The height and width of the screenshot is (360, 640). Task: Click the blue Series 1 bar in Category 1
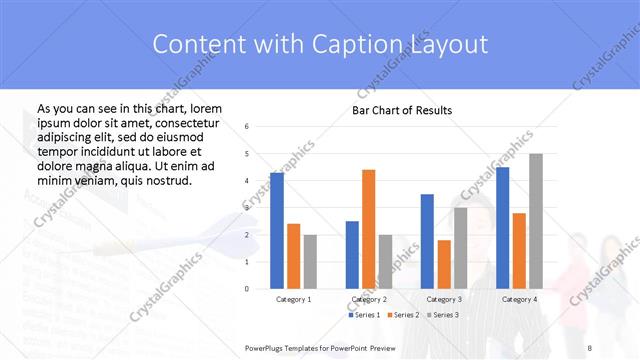pyautogui.click(x=277, y=230)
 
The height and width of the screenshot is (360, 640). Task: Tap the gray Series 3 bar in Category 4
pyautogui.click(x=536, y=221)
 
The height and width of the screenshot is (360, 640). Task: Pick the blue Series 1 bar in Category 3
pyautogui.click(x=427, y=241)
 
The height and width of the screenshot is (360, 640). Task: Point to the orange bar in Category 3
pyautogui.click(x=444, y=264)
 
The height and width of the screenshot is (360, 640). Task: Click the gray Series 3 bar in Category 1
pyautogui.click(x=310, y=262)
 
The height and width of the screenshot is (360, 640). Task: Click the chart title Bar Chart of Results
pyautogui.click(x=402, y=110)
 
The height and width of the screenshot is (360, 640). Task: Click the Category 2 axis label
pyautogui.click(x=368, y=299)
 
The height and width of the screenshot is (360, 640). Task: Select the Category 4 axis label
pyautogui.click(x=519, y=299)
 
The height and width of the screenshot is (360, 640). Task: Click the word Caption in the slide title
pyautogui.click(x=364, y=44)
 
